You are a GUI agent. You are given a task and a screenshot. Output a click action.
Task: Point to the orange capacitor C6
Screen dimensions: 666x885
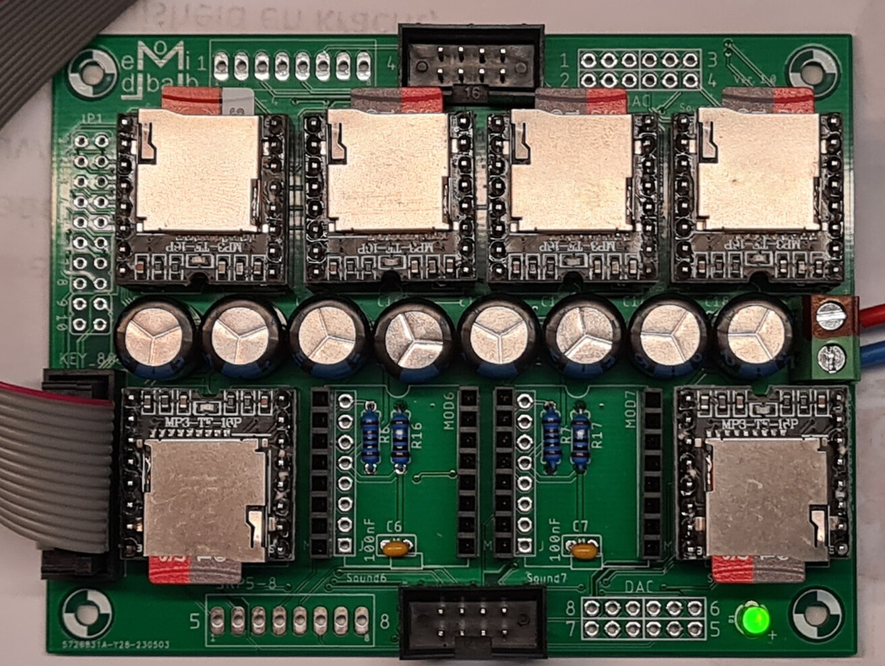tap(395, 549)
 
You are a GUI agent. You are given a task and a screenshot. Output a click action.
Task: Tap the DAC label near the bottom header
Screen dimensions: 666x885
tap(640, 587)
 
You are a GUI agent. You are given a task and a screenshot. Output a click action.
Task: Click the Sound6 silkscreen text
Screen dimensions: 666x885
tap(366, 578)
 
